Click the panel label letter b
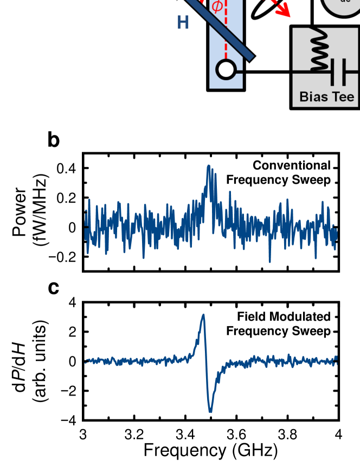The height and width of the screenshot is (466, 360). pyautogui.click(x=54, y=140)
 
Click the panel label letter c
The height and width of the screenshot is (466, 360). pyautogui.click(x=54, y=288)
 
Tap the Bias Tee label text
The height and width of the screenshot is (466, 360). pyautogui.click(x=327, y=98)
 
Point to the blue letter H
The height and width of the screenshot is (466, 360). pyautogui.click(x=183, y=23)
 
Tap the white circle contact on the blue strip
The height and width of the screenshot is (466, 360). pyautogui.click(x=226, y=69)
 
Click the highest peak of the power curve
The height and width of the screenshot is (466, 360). pyautogui.click(x=208, y=166)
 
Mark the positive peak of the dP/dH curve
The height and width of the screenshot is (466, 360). pyautogui.click(x=203, y=315)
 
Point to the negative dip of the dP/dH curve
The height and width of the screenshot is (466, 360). pyautogui.click(x=210, y=411)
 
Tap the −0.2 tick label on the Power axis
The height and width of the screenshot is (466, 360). pyautogui.click(x=63, y=257)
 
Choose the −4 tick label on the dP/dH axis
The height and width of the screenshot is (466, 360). pyautogui.click(x=70, y=420)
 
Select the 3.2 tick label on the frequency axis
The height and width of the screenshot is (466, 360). pyautogui.click(x=134, y=435)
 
